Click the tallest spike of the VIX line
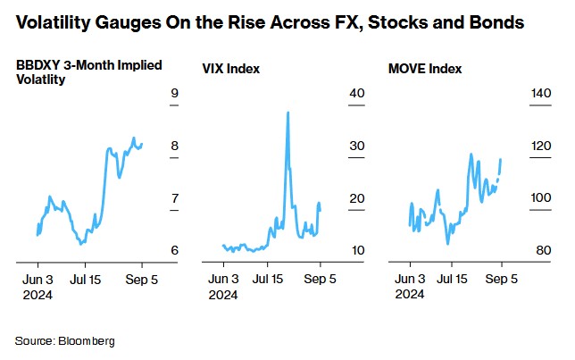[287, 113]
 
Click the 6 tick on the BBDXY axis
[175, 250]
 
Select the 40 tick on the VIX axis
[357, 94]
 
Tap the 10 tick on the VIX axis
[357, 250]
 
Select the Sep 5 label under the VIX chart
[321, 279]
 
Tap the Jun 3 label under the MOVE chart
[410, 279]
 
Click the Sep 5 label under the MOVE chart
[502, 279]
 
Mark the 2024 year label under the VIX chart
[223, 294]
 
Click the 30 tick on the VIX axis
[357, 146]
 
